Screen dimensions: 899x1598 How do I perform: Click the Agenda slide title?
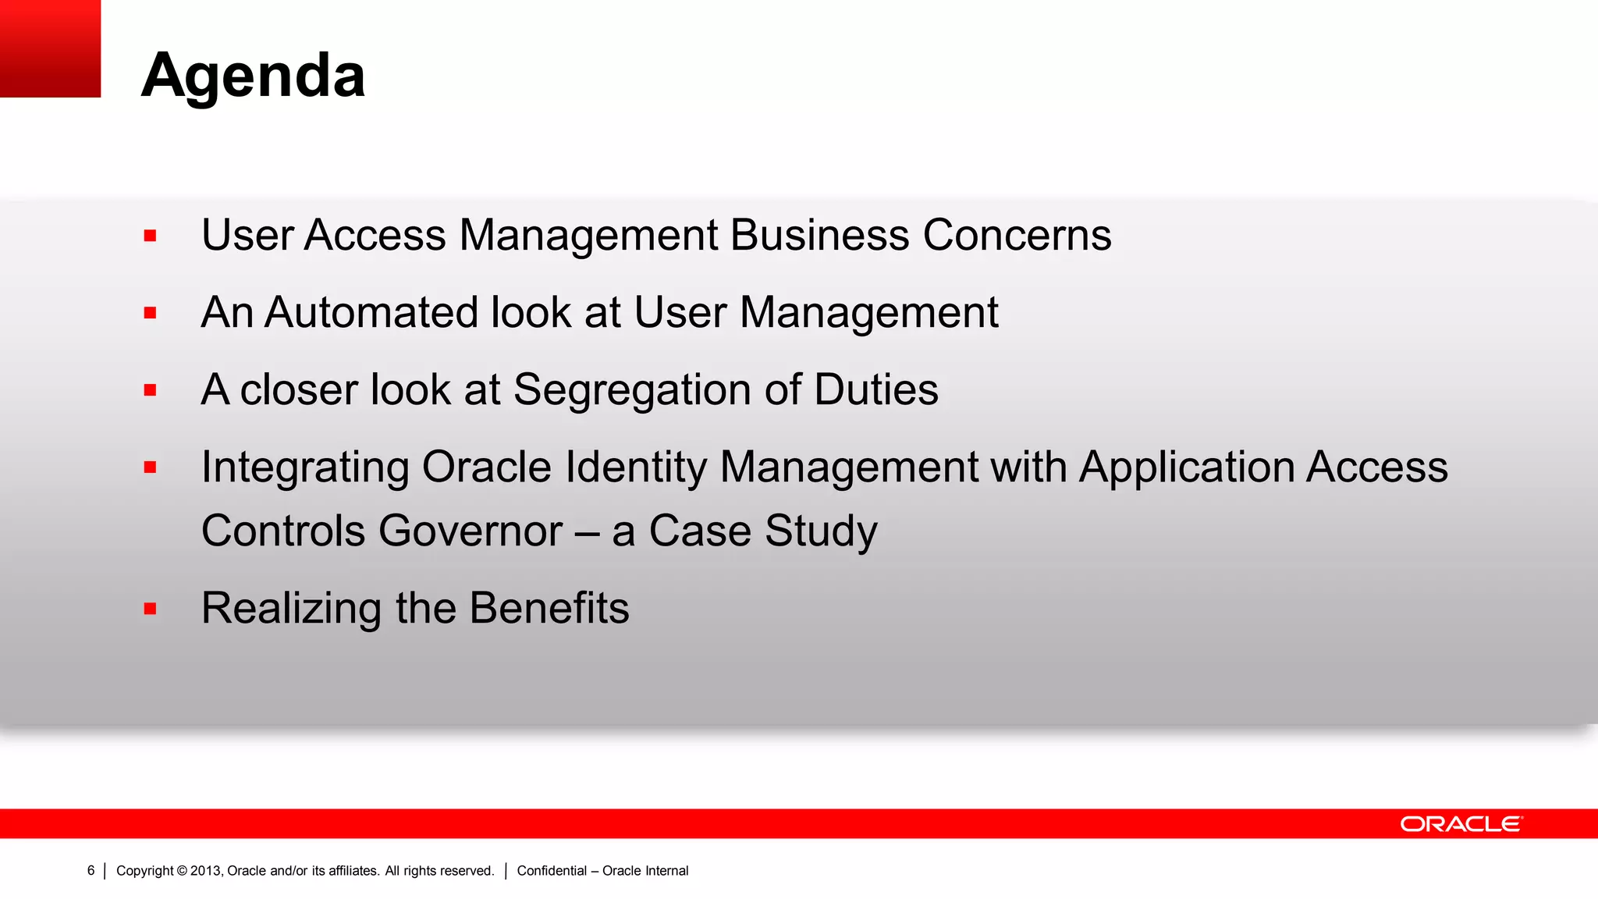(253, 76)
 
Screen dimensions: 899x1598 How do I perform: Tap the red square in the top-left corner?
(50, 48)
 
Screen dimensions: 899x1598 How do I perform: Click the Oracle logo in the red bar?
(1461, 824)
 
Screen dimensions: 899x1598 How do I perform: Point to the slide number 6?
(91, 870)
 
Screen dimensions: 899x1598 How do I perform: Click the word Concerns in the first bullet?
(1017, 235)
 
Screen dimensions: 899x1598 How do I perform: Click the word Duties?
(875, 389)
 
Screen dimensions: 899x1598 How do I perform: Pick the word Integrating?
(305, 467)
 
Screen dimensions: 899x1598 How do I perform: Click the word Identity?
(635, 467)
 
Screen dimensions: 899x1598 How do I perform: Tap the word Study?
(821, 531)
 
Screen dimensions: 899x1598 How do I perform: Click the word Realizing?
(291, 608)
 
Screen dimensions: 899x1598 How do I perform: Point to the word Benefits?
(549, 608)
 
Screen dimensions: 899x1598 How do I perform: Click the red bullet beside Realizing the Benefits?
(151, 609)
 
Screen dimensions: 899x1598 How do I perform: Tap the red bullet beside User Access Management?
(151, 236)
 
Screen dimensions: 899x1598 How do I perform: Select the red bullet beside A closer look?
(151, 390)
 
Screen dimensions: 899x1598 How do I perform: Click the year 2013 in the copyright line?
(205, 870)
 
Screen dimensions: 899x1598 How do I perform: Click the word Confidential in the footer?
(552, 870)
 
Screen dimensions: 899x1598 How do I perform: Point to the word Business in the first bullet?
(819, 235)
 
